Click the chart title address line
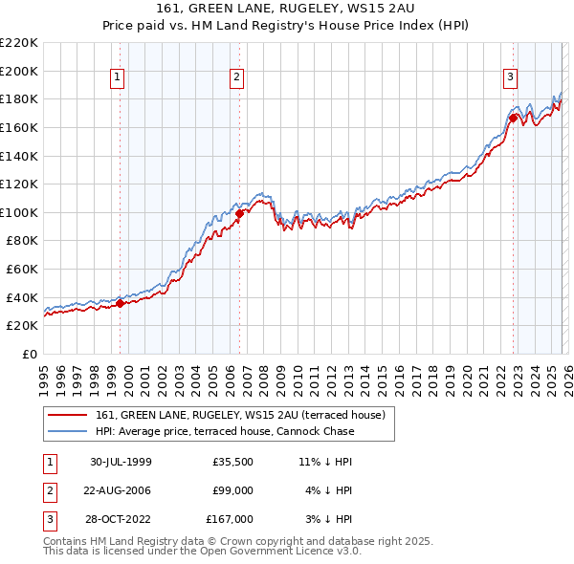(x=286, y=9)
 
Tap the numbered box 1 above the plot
(x=117, y=77)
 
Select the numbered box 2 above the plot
(x=236, y=77)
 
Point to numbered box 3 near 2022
(x=511, y=77)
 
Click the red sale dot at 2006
(x=240, y=213)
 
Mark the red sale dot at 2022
(x=514, y=118)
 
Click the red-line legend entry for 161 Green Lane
(x=240, y=415)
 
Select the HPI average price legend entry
(x=225, y=431)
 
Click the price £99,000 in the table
(x=232, y=490)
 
